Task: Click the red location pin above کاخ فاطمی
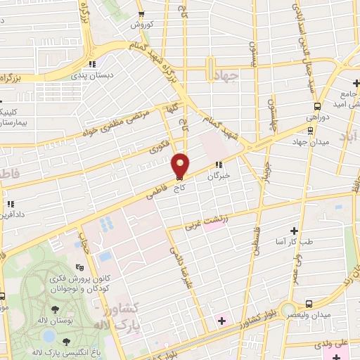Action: [181, 165]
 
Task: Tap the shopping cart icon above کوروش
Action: [142, 14]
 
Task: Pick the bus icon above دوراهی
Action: [316, 106]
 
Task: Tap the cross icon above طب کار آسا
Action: [295, 231]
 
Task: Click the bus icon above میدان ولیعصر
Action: [310, 304]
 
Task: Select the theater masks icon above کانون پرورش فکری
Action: [79, 268]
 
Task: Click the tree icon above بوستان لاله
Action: [55, 309]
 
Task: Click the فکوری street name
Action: [160, 147]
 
